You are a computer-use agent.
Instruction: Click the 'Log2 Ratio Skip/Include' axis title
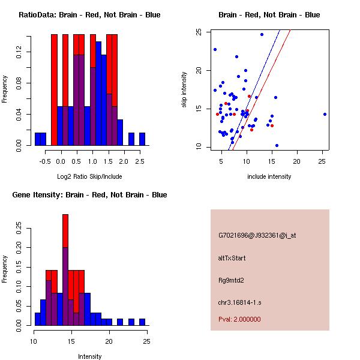click(x=89, y=176)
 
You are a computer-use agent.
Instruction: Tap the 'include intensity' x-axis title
click(x=269, y=176)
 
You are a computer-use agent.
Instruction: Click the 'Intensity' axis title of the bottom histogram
click(x=89, y=356)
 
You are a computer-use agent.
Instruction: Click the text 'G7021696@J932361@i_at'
click(x=257, y=235)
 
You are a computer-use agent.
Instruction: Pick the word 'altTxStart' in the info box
click(x=232, y=258)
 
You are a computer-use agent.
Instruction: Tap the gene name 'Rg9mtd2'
click(x=231, y=280)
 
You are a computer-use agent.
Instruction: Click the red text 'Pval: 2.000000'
click(x=239, y=319)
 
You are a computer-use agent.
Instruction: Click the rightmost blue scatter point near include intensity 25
click(x=325, y=114)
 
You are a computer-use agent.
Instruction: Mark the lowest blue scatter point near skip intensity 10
click(x=277, y=145)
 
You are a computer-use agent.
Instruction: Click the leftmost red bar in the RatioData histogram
click(x=54, y=90)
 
